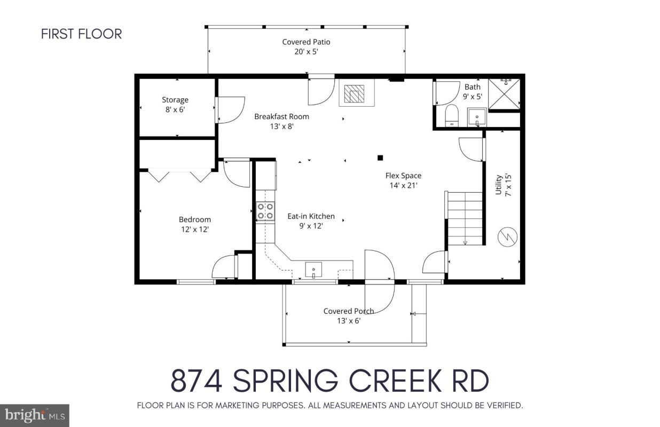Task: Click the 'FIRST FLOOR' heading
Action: point(81,34)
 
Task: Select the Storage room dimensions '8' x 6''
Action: point(175,109)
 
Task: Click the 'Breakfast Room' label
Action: point(281,116)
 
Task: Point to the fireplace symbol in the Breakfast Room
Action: point(353,94)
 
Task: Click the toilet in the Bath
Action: point(452,115)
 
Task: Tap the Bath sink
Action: point(476,117)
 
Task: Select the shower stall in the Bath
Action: point(504,94)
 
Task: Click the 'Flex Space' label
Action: point(403,176)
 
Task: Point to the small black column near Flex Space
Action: point(380,157)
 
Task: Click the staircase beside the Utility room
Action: point(465,219)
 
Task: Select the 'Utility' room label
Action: point(499,185)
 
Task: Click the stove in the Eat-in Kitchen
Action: point(266,211)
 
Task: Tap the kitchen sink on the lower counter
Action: point(313,270)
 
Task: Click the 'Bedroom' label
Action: point(194,219)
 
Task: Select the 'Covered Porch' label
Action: point(348,311)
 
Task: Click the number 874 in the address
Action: point(198,381)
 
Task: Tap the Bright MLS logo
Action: point(34,415)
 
